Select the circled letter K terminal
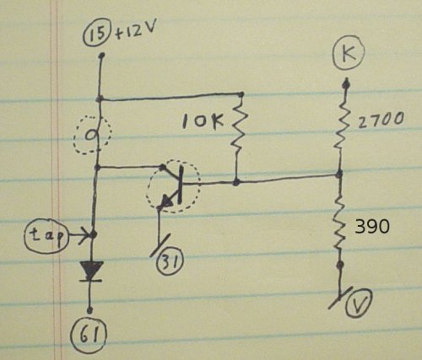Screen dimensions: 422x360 pos(349,53)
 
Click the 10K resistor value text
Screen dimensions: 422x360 pos(203,122)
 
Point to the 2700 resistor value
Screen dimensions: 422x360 pos(381,121)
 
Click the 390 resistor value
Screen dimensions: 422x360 pos(372,227)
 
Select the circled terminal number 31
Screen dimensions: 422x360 pos(170,262)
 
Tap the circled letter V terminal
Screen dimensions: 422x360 pos(359,304)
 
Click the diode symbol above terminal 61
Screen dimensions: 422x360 pos(91,271)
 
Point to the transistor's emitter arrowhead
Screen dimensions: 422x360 pos(168,201)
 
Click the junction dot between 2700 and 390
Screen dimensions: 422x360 pos(340,175)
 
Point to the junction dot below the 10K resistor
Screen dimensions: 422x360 pos(236,183)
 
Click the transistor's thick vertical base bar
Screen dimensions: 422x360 pos(181,185)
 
